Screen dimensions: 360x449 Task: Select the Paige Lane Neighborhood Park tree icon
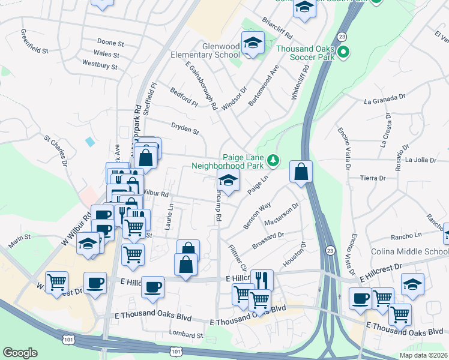pos(273,160)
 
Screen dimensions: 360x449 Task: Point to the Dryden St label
pos(184,127)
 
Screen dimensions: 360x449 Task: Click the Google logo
pos(20,352)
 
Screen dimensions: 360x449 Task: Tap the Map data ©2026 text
pos(423,355)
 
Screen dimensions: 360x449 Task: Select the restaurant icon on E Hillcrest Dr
pos(262,280)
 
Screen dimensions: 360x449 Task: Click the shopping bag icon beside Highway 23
pos(301,171)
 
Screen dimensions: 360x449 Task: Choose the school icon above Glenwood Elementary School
pos(253,42)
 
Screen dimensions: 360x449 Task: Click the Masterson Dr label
pos(280,214)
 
